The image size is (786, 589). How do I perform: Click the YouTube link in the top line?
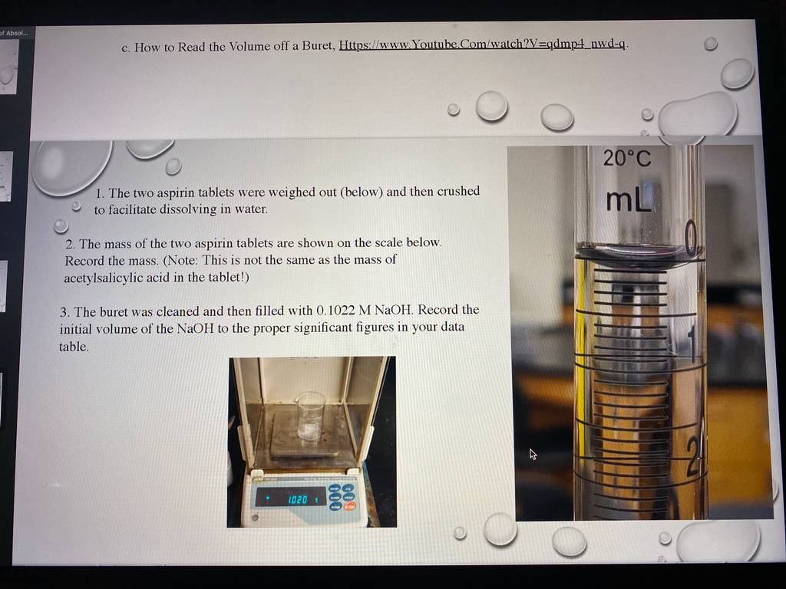pyautogui.click(x=482, y=44)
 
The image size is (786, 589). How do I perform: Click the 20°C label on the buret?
pyautogui.click(x=626, y=158)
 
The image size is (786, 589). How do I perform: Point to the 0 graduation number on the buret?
pyautogui.click(x=692, y=239)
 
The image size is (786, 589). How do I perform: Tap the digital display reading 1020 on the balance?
pyautogui.click(x=291, y=499)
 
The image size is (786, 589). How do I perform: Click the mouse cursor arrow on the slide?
pyautogui.click(x=533, y=454)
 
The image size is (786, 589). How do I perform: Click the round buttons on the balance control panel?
pyautogui.click(x=342, y=497)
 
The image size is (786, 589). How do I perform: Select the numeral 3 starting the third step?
pyautogui.click(x=64, y=313)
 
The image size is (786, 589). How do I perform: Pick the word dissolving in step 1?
pyautogui.click(x=188, y=209)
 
